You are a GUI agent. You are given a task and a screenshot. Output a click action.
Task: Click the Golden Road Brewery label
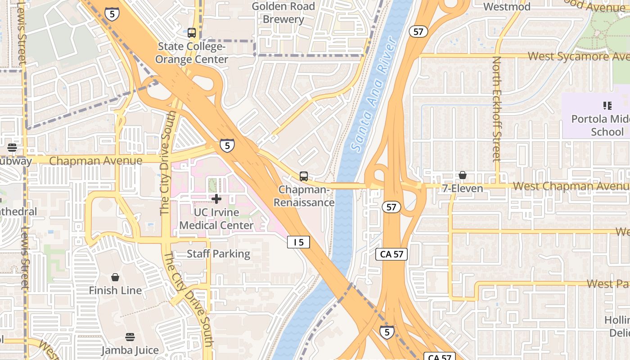283,13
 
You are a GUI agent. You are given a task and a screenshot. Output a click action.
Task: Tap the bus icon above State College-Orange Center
192,33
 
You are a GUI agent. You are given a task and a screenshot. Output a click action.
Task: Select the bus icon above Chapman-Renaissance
304,176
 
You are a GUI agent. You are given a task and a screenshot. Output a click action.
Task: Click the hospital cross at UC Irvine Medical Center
216,198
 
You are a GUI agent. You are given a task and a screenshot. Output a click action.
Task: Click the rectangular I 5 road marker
299,242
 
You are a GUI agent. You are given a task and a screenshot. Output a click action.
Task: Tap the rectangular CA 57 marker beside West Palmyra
391,254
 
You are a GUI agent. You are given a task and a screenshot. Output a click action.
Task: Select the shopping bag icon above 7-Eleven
463,175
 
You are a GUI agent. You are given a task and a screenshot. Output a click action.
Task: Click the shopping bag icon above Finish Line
115,277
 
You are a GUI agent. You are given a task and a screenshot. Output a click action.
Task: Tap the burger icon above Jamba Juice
130,337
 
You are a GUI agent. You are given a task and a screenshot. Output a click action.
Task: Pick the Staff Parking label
218,254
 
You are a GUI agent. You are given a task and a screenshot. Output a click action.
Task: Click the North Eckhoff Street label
496,109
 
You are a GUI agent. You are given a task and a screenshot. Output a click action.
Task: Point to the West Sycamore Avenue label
578,56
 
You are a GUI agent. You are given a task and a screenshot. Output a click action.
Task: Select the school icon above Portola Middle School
607,106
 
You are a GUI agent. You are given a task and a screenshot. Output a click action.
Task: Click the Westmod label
507,7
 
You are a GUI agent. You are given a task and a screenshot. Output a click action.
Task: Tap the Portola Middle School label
600,126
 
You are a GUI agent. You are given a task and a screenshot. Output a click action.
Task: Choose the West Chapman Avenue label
571,186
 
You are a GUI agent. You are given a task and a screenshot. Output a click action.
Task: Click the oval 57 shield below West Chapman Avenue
391,207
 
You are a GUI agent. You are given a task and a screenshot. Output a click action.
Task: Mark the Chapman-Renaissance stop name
304,196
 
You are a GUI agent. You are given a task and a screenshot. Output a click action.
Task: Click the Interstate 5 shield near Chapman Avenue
227,145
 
